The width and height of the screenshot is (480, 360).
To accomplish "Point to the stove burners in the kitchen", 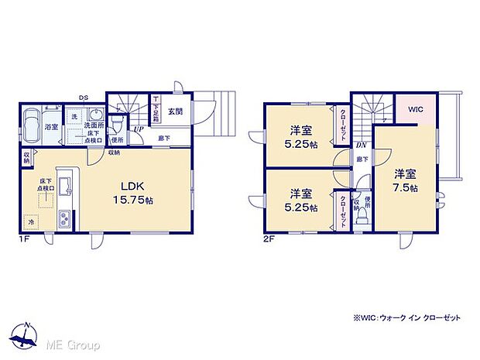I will pos(64,218).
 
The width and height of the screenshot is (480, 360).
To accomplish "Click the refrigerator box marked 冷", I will pos(32,222).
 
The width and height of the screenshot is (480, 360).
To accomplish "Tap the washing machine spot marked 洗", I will pos(75,117).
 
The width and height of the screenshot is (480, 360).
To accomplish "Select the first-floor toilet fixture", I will pos(117,123).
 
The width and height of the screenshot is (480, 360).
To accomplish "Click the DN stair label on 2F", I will pos(361,145).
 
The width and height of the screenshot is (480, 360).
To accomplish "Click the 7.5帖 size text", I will pos(404,187).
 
